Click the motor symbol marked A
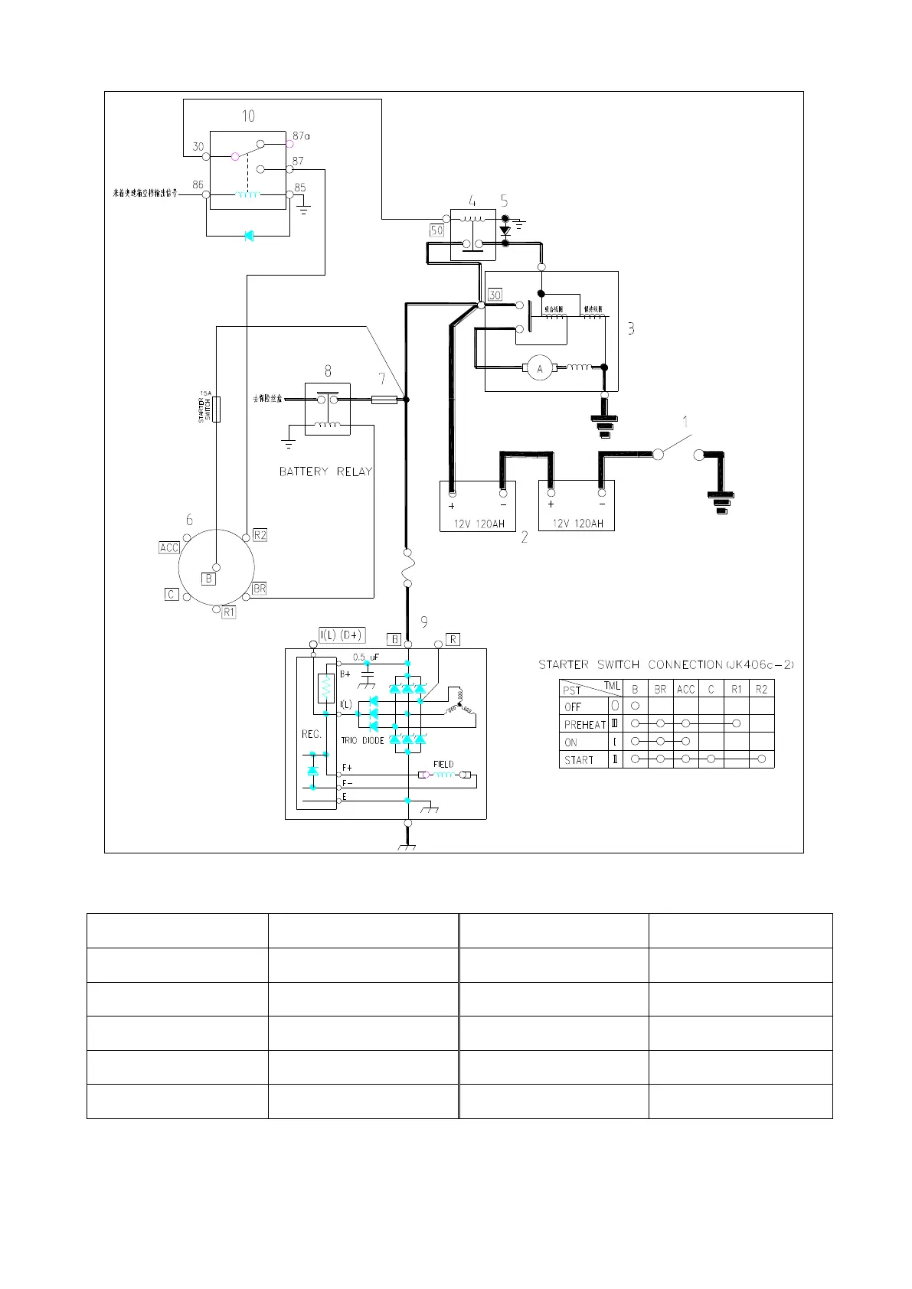click(x=540, y=369)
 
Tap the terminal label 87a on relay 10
click(x=301, y=135)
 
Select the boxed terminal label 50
click(x=436, y=230)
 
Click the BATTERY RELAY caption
click(x=325, y=472)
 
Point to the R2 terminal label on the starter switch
click(x=260, y=535)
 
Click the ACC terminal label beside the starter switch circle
click(x=169, y=547)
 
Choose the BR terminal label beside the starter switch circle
click(x=260, y=589)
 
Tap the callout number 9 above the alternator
click(x=423, y=622)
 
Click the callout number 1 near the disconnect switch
click(x=685, y=422)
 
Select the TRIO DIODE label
click(x=362, y=741)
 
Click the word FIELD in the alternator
click(x=443, y=764)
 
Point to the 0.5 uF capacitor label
click(x=366, y=658)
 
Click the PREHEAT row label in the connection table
click(x=585, y=724)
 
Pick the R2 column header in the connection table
click(x=761, y=689)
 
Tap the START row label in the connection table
click(x=579, y=760)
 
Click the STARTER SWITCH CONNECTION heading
click(x=666, y=664)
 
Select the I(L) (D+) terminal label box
click(x=342, y=635)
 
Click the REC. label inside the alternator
click(x=312, y=734)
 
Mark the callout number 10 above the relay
click(x=248, y=116)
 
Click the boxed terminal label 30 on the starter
click(x=495, y=295)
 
